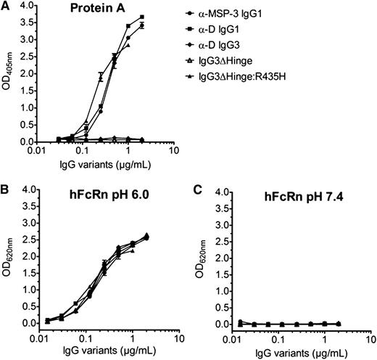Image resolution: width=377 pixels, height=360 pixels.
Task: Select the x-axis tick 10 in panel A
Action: pos(173,151)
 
